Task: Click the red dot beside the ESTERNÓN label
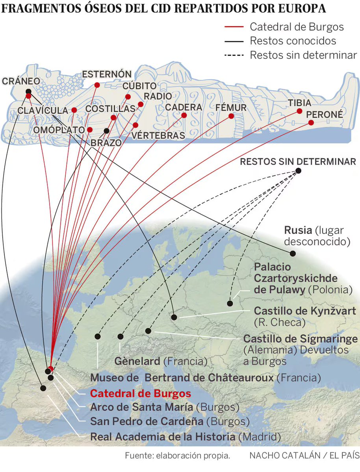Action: (x=97, y=85)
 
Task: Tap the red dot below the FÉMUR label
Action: (x=231, y=116)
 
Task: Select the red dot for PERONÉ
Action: (x=311, y=122)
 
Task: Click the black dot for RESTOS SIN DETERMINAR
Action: (x=298, y=170)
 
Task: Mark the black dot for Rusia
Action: (x=292, y=253)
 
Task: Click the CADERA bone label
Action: (x=184, y=107)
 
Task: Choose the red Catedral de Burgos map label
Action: (x=141, y=394)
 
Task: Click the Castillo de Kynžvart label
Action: (x=305, y=311)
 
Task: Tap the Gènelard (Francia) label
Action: (x=161, y=361)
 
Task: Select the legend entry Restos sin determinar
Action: (x=303, y=55)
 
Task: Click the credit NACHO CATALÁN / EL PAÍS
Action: (x=304, y=456)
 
